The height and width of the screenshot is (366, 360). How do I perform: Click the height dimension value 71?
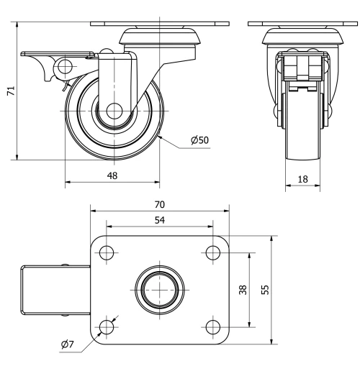[x=9, y=92]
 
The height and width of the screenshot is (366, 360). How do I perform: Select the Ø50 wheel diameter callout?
[x=200, y=139]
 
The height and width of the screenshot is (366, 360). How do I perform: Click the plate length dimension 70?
[x=159, y=204]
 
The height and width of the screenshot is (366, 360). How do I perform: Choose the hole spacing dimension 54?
[x=159, y=220]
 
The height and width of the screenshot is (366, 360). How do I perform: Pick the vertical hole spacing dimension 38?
[x=243, y=290]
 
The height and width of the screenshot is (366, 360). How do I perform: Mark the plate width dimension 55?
[x=264, y=290]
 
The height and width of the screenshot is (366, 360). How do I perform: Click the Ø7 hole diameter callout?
[x=67, y=345]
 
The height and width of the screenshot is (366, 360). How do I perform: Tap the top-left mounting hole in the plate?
[x=107, y=253]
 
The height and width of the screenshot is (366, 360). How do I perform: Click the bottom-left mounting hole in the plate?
[x=107, y=327]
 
